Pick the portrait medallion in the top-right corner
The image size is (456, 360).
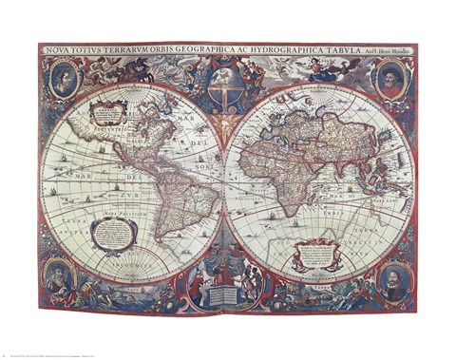[391, 78]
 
